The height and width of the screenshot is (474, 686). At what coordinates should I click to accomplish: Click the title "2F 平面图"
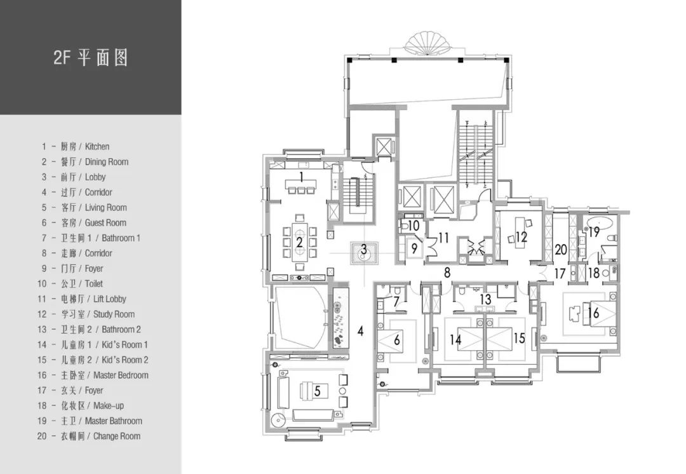click(91, 57)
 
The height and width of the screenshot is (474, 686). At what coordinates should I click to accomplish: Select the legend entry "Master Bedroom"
click(121, 375)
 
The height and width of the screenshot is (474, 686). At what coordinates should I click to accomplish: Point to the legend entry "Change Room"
click(117, 436)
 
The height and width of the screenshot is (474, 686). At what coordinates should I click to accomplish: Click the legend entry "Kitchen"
click(97, 147)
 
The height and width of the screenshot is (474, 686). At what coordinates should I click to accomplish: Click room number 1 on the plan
click(301, 177)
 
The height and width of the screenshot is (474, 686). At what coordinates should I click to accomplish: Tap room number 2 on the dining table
click(299, 242)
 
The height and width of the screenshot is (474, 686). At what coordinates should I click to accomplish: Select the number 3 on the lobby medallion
click(363, 250)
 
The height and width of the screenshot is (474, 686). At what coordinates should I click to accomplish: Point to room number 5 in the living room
click(318, 390)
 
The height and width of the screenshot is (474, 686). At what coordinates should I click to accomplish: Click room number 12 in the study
click(521, 237)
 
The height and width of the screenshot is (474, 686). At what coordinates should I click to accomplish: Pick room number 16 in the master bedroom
click(593, 313)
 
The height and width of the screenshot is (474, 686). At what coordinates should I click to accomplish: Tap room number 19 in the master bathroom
click(594, 231)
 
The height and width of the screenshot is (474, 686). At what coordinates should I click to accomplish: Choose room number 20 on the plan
click(561, 250)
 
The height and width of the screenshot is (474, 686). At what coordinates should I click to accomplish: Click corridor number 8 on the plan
click(447, 273)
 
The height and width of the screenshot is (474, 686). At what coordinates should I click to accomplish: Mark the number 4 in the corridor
click(360, 331)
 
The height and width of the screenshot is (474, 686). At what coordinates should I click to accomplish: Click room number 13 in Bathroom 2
click(486, 299)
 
